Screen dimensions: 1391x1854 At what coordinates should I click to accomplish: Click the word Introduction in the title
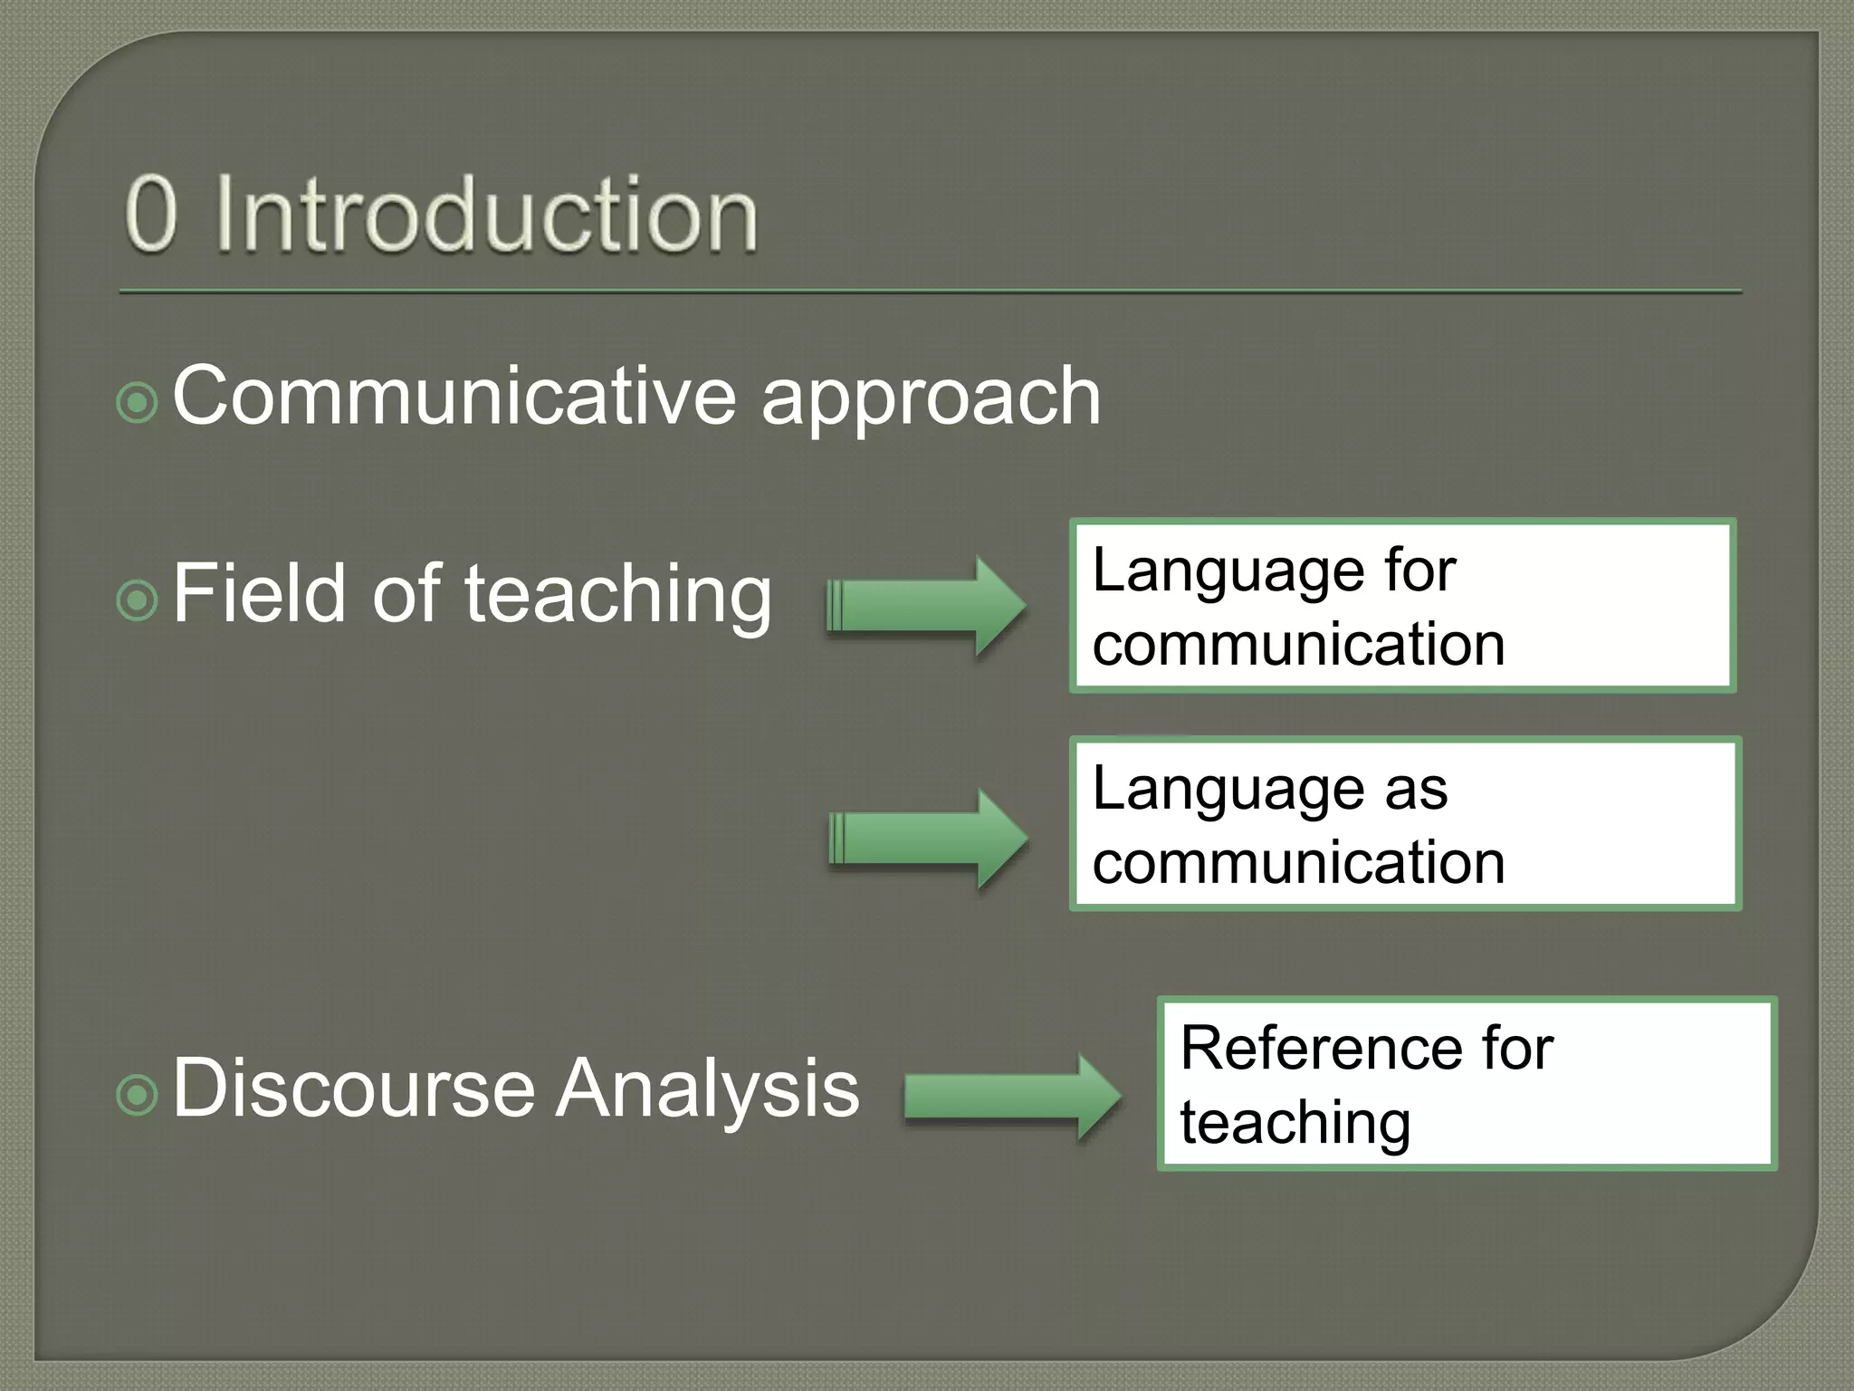[x=486, y=215]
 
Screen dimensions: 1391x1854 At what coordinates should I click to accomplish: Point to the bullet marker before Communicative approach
[x=138, y=402]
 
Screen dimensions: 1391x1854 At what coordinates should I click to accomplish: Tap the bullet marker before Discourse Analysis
[x=138, y=1095]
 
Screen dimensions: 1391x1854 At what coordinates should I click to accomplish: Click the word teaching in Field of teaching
[x=618, y=596]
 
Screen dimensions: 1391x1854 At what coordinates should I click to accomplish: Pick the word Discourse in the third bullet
[x=353, y=1088]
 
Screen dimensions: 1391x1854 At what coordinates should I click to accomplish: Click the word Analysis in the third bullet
[x=706, y=1089]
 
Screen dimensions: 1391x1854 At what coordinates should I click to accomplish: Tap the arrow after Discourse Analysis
[x=1012, y=1097]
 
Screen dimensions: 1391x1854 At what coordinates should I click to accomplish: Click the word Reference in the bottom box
[x=1316, y=1049]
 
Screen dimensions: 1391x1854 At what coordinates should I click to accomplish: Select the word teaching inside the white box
[x=1295, y=1123]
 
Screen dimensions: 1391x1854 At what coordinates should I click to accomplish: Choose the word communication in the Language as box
[x=1298, y=862]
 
